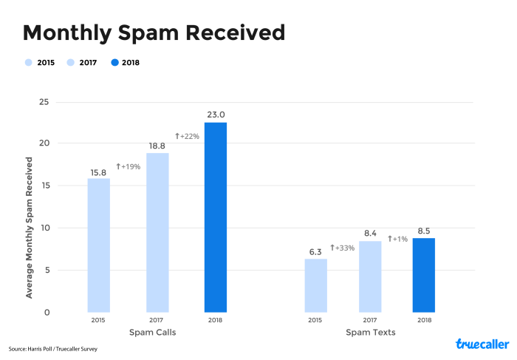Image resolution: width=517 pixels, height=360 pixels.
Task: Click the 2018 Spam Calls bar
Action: [216, 217]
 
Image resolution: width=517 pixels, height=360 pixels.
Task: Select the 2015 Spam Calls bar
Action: [98, 245]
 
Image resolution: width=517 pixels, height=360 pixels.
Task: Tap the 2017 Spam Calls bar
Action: [157, 232]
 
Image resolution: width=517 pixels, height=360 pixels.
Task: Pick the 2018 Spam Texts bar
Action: [424, 275]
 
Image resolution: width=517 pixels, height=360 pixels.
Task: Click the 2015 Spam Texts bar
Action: [315, 285]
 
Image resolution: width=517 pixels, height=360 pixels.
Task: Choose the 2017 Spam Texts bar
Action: [370, 276]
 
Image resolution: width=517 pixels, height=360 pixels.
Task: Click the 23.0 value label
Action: [216, 114]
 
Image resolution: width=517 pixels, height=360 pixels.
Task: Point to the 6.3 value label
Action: [315, 251]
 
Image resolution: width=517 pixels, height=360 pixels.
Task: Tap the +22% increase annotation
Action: [187, 137]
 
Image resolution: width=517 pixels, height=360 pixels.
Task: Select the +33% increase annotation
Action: [342, 248]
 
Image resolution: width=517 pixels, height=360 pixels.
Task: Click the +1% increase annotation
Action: [398, 239]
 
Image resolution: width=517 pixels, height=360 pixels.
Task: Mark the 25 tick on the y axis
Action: [44, 101]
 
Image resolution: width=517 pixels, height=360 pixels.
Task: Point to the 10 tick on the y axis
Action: [44, 228]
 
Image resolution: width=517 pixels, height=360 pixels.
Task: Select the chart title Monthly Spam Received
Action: [154, 33]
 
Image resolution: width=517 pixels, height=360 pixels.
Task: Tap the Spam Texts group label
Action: [370, 333]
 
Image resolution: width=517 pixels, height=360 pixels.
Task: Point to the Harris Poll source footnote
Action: [53, 348]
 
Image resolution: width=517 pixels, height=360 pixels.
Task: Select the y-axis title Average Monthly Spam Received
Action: [29, 227]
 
